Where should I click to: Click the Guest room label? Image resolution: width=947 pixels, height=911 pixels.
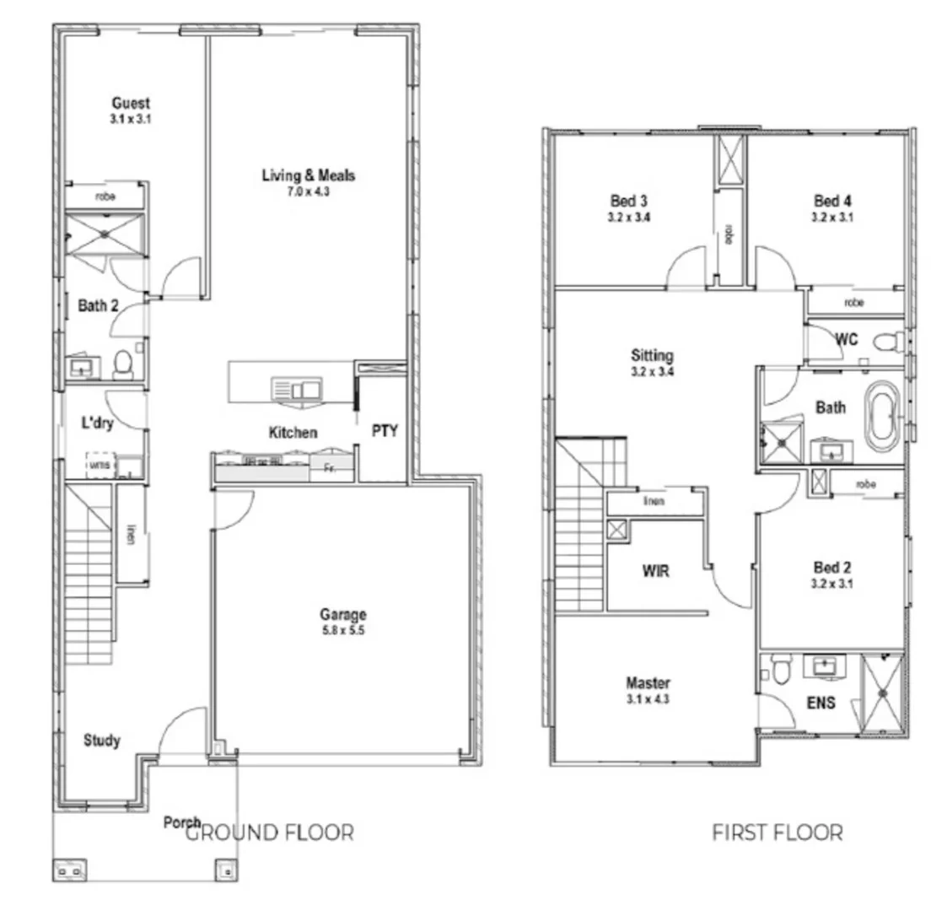click(131, 103)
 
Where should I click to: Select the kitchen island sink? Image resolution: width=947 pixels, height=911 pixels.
click(296, 389)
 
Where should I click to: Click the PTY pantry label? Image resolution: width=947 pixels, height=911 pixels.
click(385, 430)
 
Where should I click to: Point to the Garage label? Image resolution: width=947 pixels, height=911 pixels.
click(342, 614)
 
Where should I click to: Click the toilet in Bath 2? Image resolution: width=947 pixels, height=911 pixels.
click(122, 364)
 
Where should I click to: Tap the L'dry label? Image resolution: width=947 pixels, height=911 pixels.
click(98, 423)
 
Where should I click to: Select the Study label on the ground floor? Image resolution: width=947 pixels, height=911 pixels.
click(101, 741)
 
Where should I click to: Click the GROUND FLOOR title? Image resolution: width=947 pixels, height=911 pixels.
click(268, 833)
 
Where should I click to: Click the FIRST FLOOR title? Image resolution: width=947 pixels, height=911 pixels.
click(777, 833)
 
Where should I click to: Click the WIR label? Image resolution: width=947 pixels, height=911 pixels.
click(655, 571)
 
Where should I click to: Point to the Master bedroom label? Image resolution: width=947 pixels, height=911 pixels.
click(648, 682)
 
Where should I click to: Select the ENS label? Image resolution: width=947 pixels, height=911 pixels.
click(821, 702)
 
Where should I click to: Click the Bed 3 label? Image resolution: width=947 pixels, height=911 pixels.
click(629, 201)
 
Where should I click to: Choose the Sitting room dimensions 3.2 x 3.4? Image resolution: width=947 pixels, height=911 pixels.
click(652, 371)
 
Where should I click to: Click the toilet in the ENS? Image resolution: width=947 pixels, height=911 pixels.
click(779, 671)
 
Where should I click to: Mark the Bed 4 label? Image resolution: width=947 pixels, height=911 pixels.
click(832, 201)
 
